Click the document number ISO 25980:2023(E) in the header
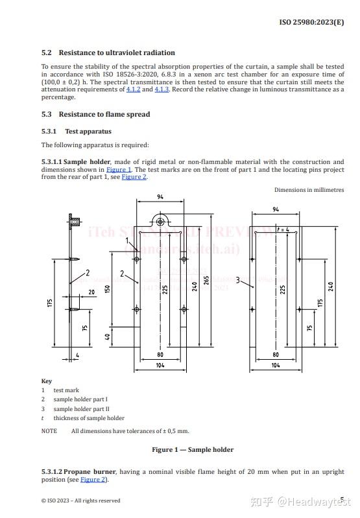click(x=311, y=22)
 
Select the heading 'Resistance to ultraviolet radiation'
click(x=117, y=53)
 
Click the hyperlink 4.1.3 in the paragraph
click(x=162, y=89)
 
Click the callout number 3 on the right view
click(x=238, y=280)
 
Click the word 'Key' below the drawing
click(x=46, y=381)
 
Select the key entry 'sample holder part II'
click(x=81, y=409)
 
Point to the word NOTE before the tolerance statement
click(x=49, y=431)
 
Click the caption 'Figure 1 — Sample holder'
click(x=193, y=449)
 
